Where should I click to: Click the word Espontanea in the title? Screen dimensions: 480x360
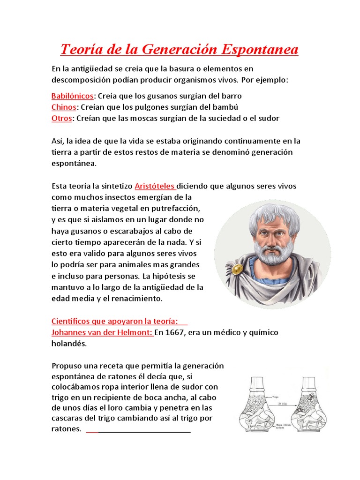(259, 49)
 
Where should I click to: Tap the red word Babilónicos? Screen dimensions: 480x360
(73, 96)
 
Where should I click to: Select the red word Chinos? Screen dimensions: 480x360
(63, 107)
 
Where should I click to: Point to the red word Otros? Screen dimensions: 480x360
(61, 118)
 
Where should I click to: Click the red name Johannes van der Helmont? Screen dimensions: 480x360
(102, 332)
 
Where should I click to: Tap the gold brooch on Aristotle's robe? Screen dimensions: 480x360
(238, 269)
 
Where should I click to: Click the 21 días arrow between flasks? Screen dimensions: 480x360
(281, 404)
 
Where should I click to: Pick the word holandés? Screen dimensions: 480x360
(69, 344)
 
